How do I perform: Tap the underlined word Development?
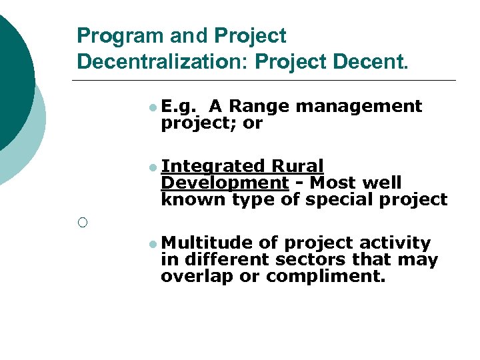click(225, 183)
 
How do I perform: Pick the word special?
click(342, 199)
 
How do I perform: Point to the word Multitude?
click(207, 243)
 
